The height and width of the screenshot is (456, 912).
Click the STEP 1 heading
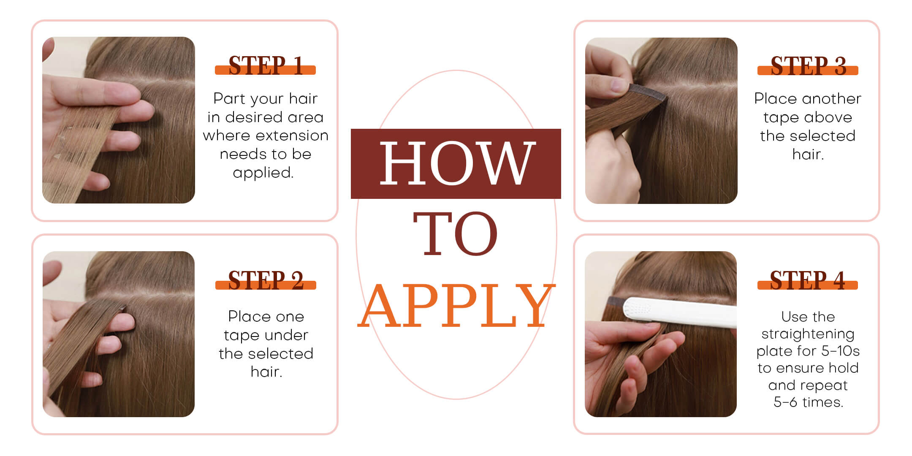pyautogui.click(x=266, y=65)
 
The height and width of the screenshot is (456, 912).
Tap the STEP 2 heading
pyautogui.click(x=266, y=280)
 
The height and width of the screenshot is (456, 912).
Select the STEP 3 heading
pyautogui.click(x=808, y=66)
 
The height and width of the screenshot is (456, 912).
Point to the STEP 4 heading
pyautogui.click(x=807, y=280)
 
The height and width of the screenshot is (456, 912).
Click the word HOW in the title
pyautogui.click(x=456, y=163)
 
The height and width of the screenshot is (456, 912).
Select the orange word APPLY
pyautogui.click(x=456, y=306)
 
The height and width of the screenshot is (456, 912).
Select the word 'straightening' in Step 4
pyautogui.click(x=808, y=334)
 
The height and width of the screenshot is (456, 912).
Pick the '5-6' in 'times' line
pyautogui.click(x=785, y=402)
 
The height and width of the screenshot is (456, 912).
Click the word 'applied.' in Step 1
pyautogui.click(x=263, y=173)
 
